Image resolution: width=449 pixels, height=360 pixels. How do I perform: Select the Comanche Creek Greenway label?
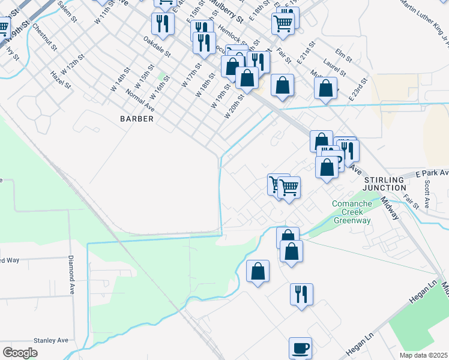(x=352, y=212)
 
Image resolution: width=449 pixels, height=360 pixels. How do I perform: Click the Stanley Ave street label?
(x=51, y=340)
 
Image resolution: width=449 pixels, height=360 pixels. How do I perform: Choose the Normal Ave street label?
(x=140, y=100)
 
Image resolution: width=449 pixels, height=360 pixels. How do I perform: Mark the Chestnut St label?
(x=44, y=37)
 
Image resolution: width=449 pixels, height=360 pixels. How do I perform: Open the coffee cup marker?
(x=300, y=347)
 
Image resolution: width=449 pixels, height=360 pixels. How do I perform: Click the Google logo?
(x=20, y=353)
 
